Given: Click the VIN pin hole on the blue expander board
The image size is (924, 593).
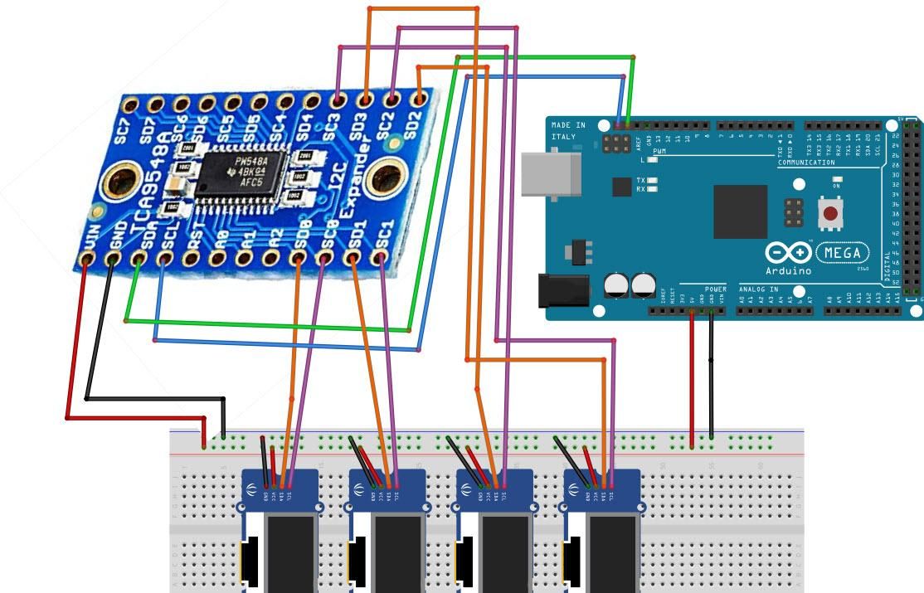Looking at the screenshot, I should tap(86, 260).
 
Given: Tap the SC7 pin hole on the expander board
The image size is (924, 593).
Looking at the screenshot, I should tap(129, 105).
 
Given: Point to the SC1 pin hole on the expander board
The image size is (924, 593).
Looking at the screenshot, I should tap(381, 259).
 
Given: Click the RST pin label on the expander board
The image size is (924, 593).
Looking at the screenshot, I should tap(193, 240).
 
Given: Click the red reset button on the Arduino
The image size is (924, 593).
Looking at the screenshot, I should tap(829, 214).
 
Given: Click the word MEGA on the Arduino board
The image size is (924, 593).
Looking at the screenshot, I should tap(844, 252).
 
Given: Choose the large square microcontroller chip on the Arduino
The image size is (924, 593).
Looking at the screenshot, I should tap(740, 212).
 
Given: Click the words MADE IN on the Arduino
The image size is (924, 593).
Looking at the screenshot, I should tap(569, 125).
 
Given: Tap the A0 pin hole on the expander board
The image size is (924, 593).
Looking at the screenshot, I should tap(219, 259).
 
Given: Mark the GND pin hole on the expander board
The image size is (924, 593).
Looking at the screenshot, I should tap(113, 260).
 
